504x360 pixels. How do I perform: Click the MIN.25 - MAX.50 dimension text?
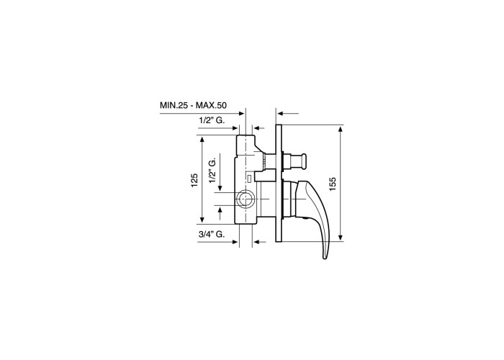click(193, 105)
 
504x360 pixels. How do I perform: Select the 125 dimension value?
click(194, 180)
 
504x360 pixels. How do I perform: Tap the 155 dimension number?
click(333, 184)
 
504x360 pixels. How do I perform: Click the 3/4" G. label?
click(211, 234)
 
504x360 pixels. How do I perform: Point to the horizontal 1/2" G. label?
click(212, 120)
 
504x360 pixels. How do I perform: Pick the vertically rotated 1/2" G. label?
click(213, 168)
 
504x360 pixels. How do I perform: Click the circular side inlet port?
click(246, 199)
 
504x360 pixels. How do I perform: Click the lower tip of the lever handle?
click(325, 257)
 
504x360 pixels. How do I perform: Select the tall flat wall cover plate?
click(279, 183)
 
